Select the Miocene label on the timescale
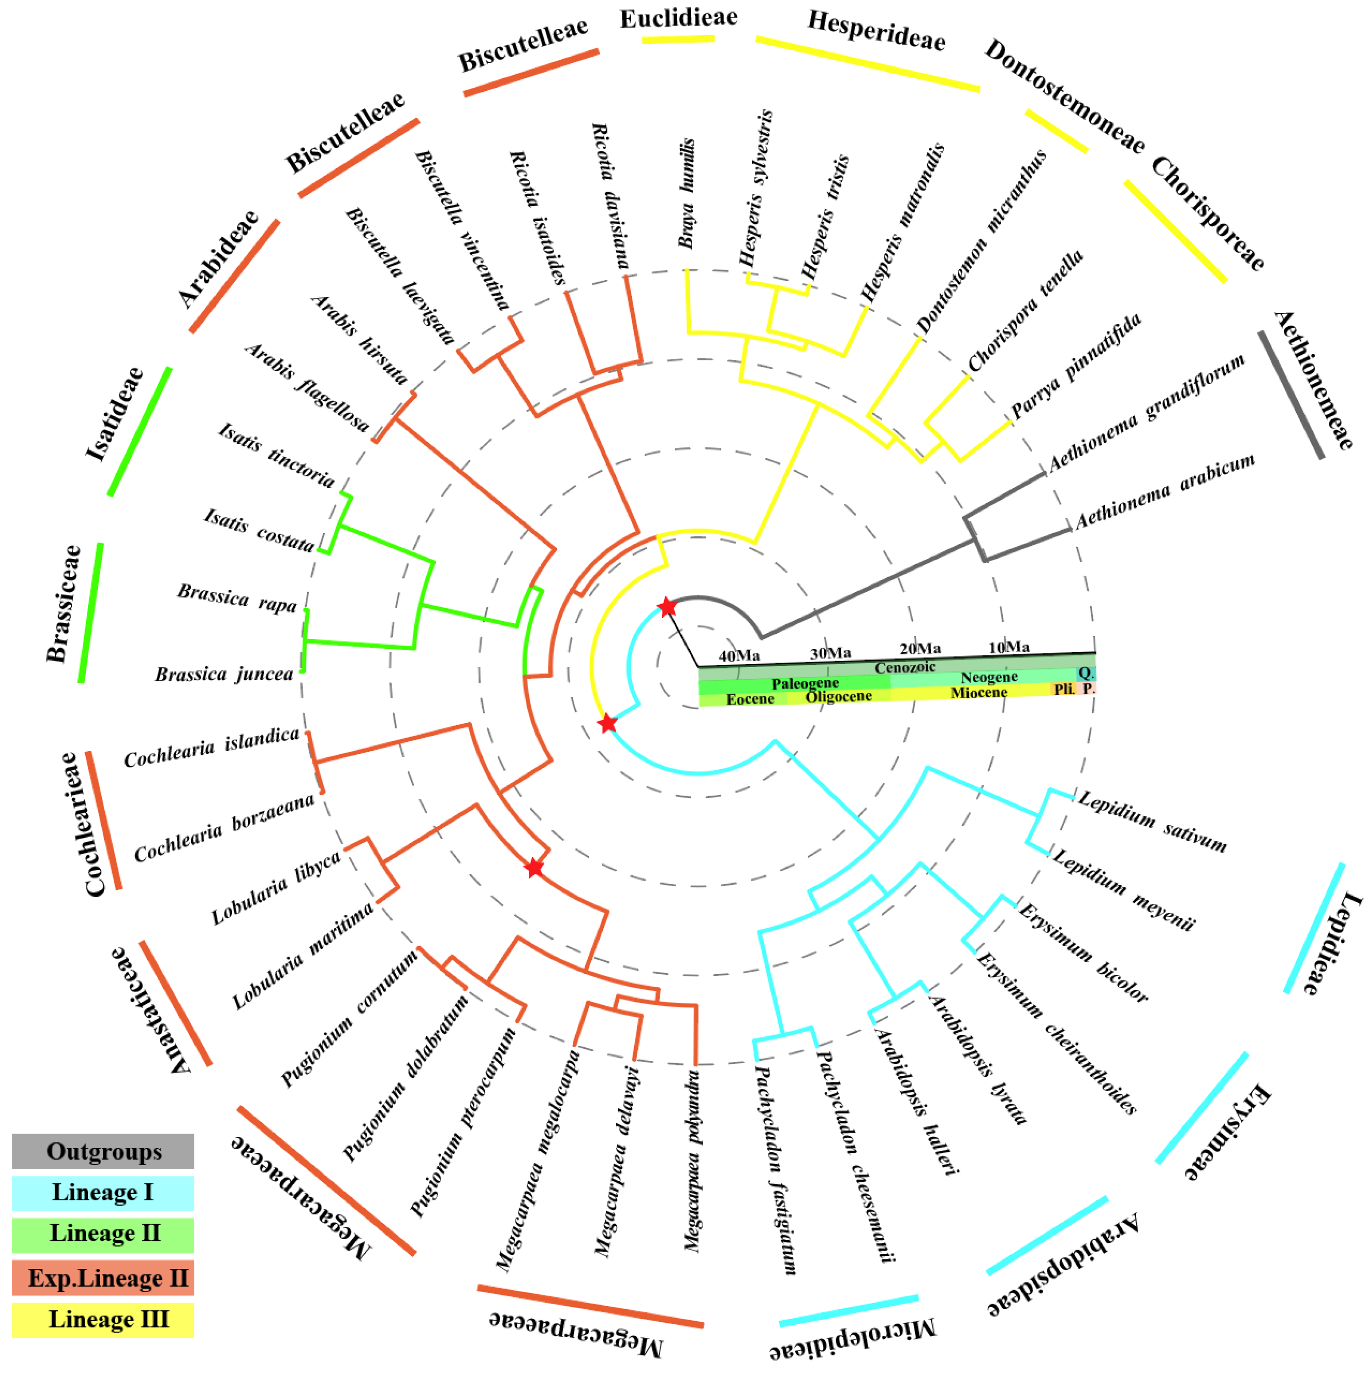click(x=978, y=692)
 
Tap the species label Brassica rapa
click(x=237, y=598)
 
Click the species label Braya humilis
click(x=686, y=193)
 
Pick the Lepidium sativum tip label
click(x=1152, y=821)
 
